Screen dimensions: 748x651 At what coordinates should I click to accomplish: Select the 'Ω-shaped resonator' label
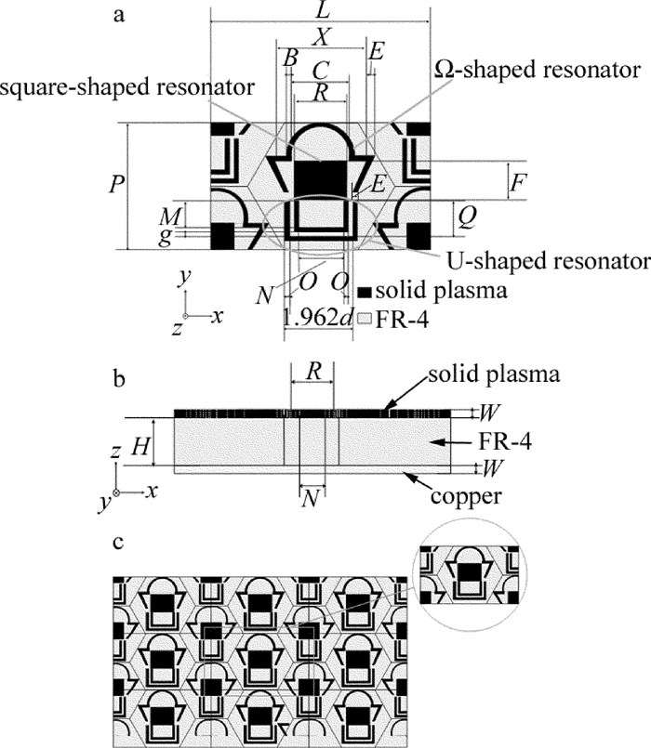[538, 70]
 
